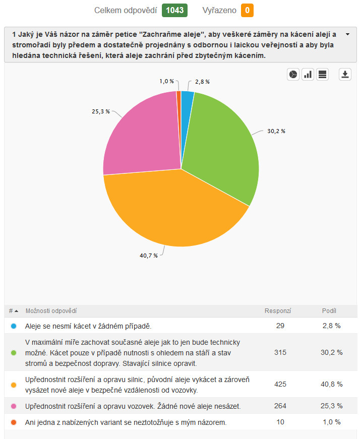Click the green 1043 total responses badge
[174, 10]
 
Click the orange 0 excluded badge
[247, 10]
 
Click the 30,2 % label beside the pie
[276, 131]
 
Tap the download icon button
[345, 75]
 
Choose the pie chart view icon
[293, 75]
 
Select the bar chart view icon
[308, 75]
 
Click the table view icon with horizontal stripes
[323, 75]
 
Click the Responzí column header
[278, 311]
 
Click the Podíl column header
[329, 311]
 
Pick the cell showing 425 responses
[280, 384]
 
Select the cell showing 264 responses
[280, 406]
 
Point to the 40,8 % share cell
[332, 384]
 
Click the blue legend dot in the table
[13, 326]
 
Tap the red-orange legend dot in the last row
[13, 422]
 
